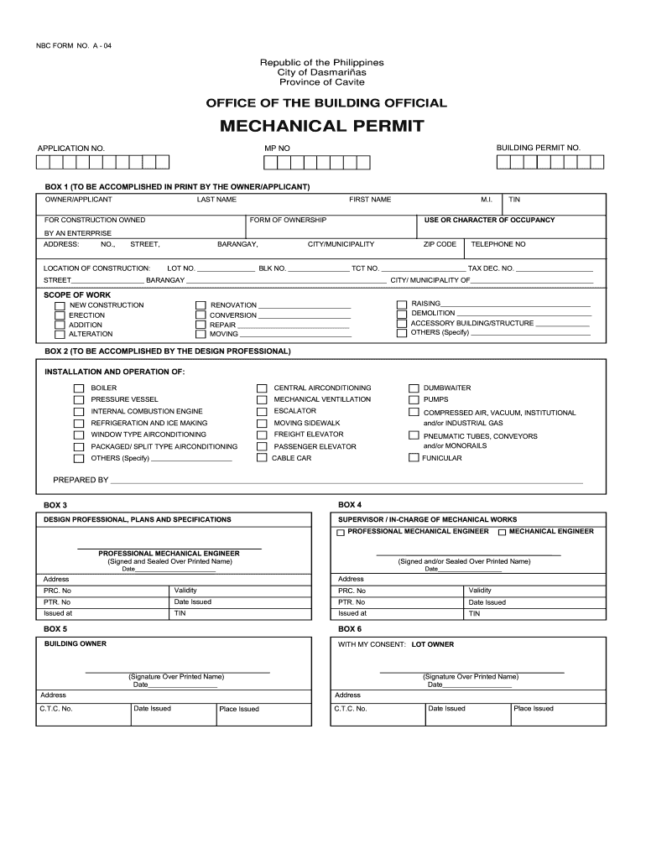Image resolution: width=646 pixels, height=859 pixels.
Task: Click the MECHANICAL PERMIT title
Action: pyautogui.click(x=321, y=127)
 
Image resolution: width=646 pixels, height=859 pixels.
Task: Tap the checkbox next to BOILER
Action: pyautogui.click(x=79, y=388)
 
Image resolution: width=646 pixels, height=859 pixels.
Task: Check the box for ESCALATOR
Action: pyautogui.click(x=261, y=412)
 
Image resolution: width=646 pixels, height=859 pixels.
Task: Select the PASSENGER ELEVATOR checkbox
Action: pyautogui.click(x=261, y=447)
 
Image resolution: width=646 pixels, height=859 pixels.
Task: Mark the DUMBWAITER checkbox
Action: pyautogui.click(x=414, y=388)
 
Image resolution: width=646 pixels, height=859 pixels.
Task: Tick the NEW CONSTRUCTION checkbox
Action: pyautogui.click(x=60, y=305)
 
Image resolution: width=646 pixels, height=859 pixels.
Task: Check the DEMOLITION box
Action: pyautogui.click(x=401, y=314)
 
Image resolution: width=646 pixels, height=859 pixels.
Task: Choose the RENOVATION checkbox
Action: pyautogui.click(x=201, y=305)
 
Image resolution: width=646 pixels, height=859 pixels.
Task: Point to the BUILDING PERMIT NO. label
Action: pyautogui.click(x=538, y=148)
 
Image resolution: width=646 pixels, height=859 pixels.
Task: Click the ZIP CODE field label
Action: pyautogui.click(x=440, y=244)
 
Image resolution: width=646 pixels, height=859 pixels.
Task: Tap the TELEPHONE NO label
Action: pyautogui.click(x=498, y=244)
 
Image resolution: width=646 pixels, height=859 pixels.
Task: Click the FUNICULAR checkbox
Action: pyautogui.click(x=414, y=458)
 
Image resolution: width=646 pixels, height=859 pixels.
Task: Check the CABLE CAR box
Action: pyautogui.click(x=261, y=459)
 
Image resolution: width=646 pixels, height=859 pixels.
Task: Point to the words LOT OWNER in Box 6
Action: pyautogui.click(x=432, y=644)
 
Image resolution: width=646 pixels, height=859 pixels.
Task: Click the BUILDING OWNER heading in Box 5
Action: pyautogui.click(x=76, y=644)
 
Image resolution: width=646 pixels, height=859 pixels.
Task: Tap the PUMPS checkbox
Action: pyautogui.click(x=414, y=400)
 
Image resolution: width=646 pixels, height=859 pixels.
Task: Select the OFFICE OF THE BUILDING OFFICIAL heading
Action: pyautogui.click(x=326, y=103)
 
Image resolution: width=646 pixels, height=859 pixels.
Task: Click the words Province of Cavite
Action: pyautogui.click(x=322, y=81)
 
